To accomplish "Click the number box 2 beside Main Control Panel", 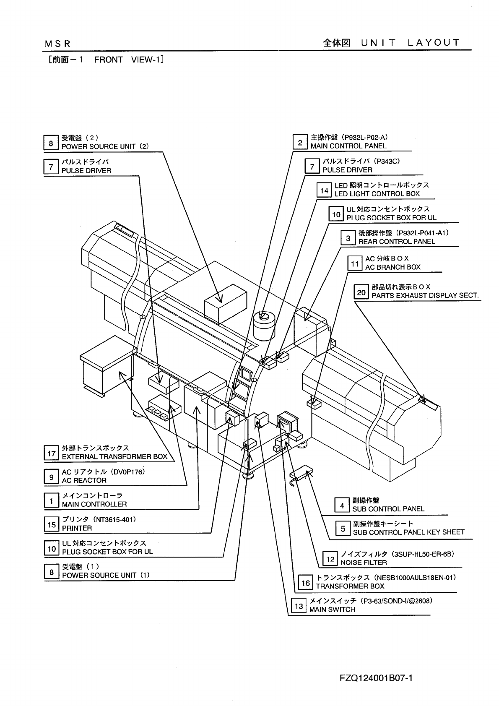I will pos(300,143).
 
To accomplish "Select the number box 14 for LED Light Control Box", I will pos(324,190).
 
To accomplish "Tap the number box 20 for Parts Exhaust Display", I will pos(361,292).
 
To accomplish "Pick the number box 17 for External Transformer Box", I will pos(52,453).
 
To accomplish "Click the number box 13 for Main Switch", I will pos(299,606).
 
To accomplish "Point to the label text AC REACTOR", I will pos(84,480).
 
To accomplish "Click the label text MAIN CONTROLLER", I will pos(94,504).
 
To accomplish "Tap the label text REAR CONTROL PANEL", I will pos(396,242).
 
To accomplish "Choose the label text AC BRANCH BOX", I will pos(392,267).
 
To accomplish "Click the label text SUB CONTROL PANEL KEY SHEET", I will pos(408,532).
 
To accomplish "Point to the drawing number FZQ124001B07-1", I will pos(375,678).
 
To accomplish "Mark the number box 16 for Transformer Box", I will pos(306,583).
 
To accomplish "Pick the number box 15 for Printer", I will pos(52,524).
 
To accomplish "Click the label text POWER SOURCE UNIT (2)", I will pos(105,146).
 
